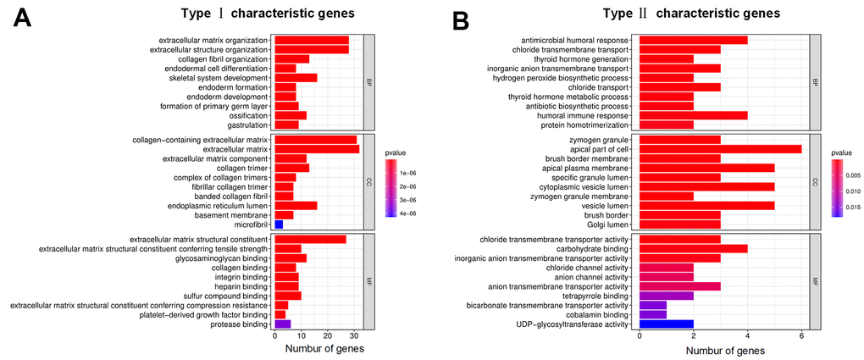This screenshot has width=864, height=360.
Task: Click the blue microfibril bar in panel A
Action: pos(278,224)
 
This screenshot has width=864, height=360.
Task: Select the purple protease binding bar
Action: pos(282,324)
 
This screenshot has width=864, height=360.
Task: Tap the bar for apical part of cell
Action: pos(720,148)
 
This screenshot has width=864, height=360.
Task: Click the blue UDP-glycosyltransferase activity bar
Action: pos(666,324)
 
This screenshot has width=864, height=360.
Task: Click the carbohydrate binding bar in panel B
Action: pos(693,249)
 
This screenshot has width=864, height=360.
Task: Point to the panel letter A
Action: pos(25,19)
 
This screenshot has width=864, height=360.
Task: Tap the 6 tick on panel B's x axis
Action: pos(801,335)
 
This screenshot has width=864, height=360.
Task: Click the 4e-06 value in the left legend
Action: pos(409,213)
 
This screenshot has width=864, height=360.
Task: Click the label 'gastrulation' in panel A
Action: pos(242,125)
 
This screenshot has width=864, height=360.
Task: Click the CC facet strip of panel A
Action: pos(368,181)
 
